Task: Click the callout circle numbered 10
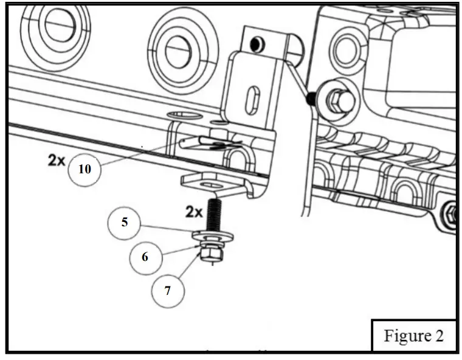click(x=85, y=169)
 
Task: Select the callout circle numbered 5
click(x=125, y=222)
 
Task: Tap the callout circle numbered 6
click(x=145, y=257)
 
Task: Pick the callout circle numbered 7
click(x=168, y=291)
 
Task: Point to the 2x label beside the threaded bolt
click(x=194, y=212)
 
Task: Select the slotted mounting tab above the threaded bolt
click(x=207, y=182)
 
